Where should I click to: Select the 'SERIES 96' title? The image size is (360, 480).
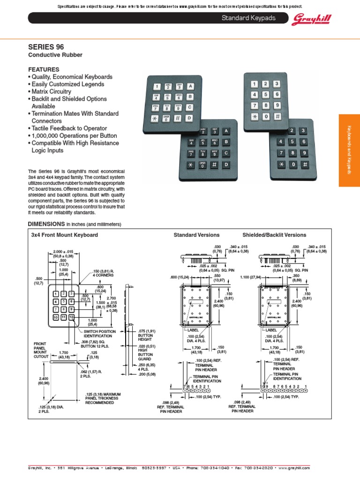click(x=46, y=47)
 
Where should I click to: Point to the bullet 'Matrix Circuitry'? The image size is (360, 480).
click(x=51, y=91)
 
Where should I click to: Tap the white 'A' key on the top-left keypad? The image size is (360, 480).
click(x=190, y=86)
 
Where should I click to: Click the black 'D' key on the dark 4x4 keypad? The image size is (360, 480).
click(x=226, y=165)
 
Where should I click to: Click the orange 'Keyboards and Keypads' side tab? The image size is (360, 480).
click(x=349, y=150)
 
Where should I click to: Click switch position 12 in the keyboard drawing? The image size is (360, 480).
click(x=72, y=317)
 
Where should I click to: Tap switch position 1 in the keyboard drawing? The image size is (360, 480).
click(x=56, y=293)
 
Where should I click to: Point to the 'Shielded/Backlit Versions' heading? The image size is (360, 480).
click(x=274, y=235)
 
